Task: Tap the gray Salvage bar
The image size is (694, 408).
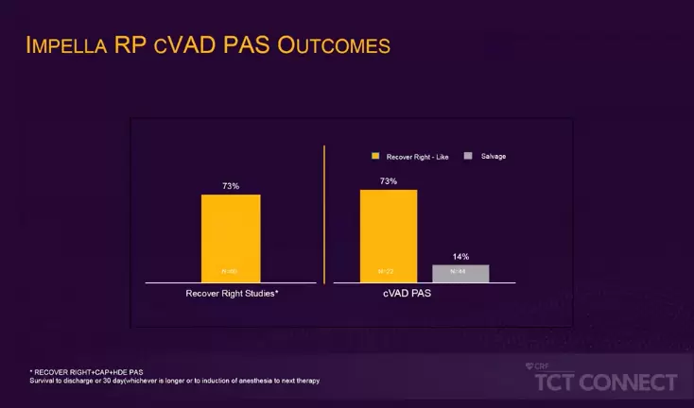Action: coord(460,272)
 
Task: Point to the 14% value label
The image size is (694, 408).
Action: coord(460,256)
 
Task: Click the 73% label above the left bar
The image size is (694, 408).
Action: coord(230,186)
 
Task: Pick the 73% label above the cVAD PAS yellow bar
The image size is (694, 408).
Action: coord(389,180)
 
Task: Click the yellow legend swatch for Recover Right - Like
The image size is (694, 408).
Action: coord(375,156)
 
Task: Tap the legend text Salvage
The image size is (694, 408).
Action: coord(494,156)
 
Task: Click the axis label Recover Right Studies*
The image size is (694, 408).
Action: coord(230,294)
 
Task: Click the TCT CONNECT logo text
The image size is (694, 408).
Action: coord(606,382)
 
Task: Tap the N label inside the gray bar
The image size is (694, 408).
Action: coord(459,272)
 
